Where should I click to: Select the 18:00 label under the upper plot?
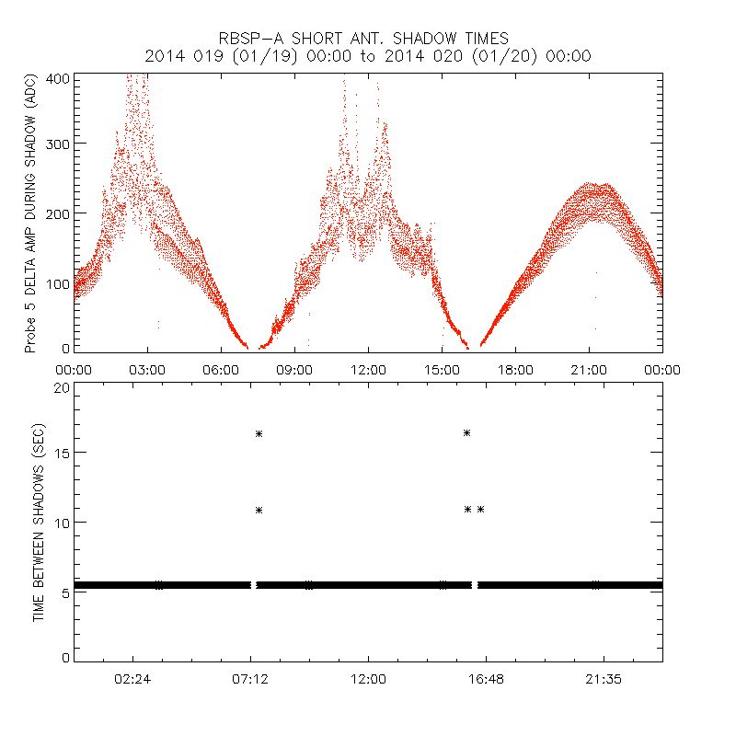click(x=515, y=370)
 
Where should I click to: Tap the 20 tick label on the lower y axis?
click(x=61, y=387)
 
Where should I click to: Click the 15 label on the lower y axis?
click(x=61, y=453)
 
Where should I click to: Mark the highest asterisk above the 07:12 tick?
click(x=259, y=433)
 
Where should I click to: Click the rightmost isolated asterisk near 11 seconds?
click(x=480, y=509)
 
